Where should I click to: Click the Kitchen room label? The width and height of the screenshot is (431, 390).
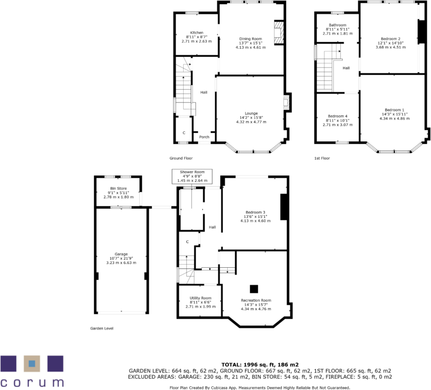click(x=196, y=33)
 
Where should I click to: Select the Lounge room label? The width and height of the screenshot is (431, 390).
click(x=251, y=113)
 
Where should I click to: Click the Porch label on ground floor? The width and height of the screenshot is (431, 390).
click(x=204, y=137)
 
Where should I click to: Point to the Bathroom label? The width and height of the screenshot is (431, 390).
click(x=337, y=25)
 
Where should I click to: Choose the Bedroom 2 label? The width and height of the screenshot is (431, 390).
click(x=390, y=39)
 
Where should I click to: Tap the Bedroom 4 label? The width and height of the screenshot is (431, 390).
click(x=337, y=116)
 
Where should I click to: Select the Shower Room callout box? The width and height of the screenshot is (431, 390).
click(x=192, y=176)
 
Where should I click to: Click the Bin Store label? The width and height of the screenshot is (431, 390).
click(x=118, y=188)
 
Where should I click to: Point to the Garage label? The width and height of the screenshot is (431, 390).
click(x=121, y=254)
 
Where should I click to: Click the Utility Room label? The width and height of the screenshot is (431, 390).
click(x=200, y=298)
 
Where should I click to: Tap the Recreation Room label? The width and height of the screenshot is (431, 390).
click(x=256, y=301)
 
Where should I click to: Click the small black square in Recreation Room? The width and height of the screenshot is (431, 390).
click(x=254, y=289)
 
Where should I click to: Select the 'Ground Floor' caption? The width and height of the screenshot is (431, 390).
click(x=181, y=158)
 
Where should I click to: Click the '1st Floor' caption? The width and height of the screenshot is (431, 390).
click(x=322, y=158)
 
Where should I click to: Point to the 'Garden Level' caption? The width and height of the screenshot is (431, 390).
click(x=101, y=328)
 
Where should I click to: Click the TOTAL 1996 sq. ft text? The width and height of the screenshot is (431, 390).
click(x=260, y=364)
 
